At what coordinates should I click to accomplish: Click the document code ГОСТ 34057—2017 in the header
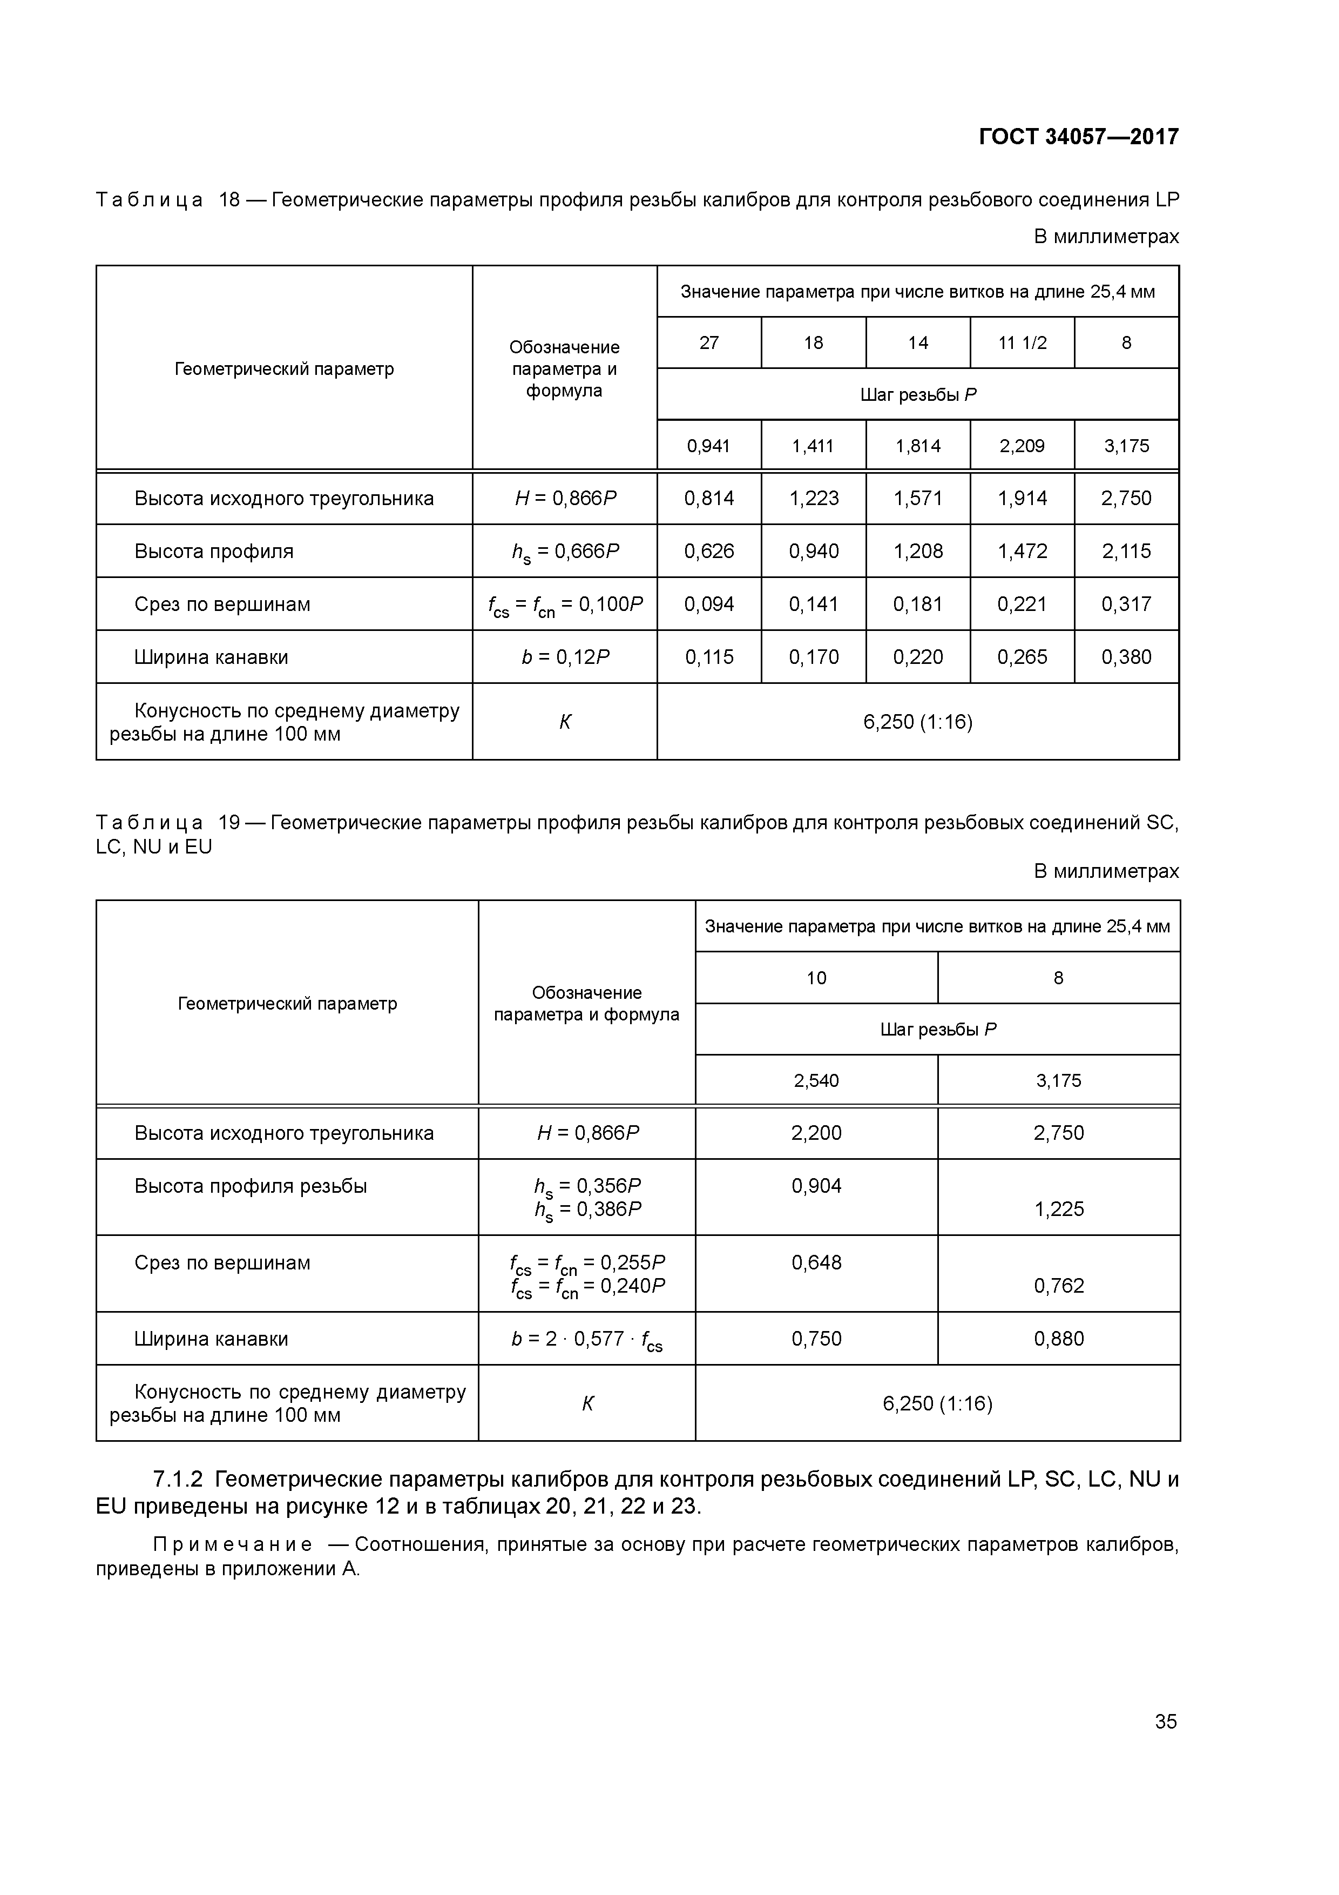click(x=1078, y=136)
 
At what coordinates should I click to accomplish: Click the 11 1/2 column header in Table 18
click(x=1022, y=342)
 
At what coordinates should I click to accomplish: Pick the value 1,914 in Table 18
click(x=1022, y=499)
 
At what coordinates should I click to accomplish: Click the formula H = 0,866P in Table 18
click(x=565, y=499)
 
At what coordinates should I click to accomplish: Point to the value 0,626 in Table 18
click(x=709, y=552)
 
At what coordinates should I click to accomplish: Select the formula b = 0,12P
click(x=565, y=657)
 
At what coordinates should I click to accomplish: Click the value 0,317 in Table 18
click(x=1126, y=604)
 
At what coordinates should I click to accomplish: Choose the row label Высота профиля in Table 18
click(x=214, y=552)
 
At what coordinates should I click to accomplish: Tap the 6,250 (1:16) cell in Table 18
click(x=917, y=722)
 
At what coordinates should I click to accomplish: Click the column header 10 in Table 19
click(x=816, y=978)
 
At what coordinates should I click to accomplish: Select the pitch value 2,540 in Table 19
click(x=816, y=1080)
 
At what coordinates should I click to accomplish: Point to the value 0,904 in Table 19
click(x=816, y=1186)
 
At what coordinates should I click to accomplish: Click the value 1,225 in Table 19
click(x=1058, y=1209)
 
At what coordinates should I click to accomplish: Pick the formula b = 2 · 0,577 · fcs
click(x=586, y=1340)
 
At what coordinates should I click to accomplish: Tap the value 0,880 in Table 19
click(x=1058, y=1339)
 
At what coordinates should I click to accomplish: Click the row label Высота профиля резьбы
click(x=250, y=1186)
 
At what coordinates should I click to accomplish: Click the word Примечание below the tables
click(x=233, y=1544)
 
